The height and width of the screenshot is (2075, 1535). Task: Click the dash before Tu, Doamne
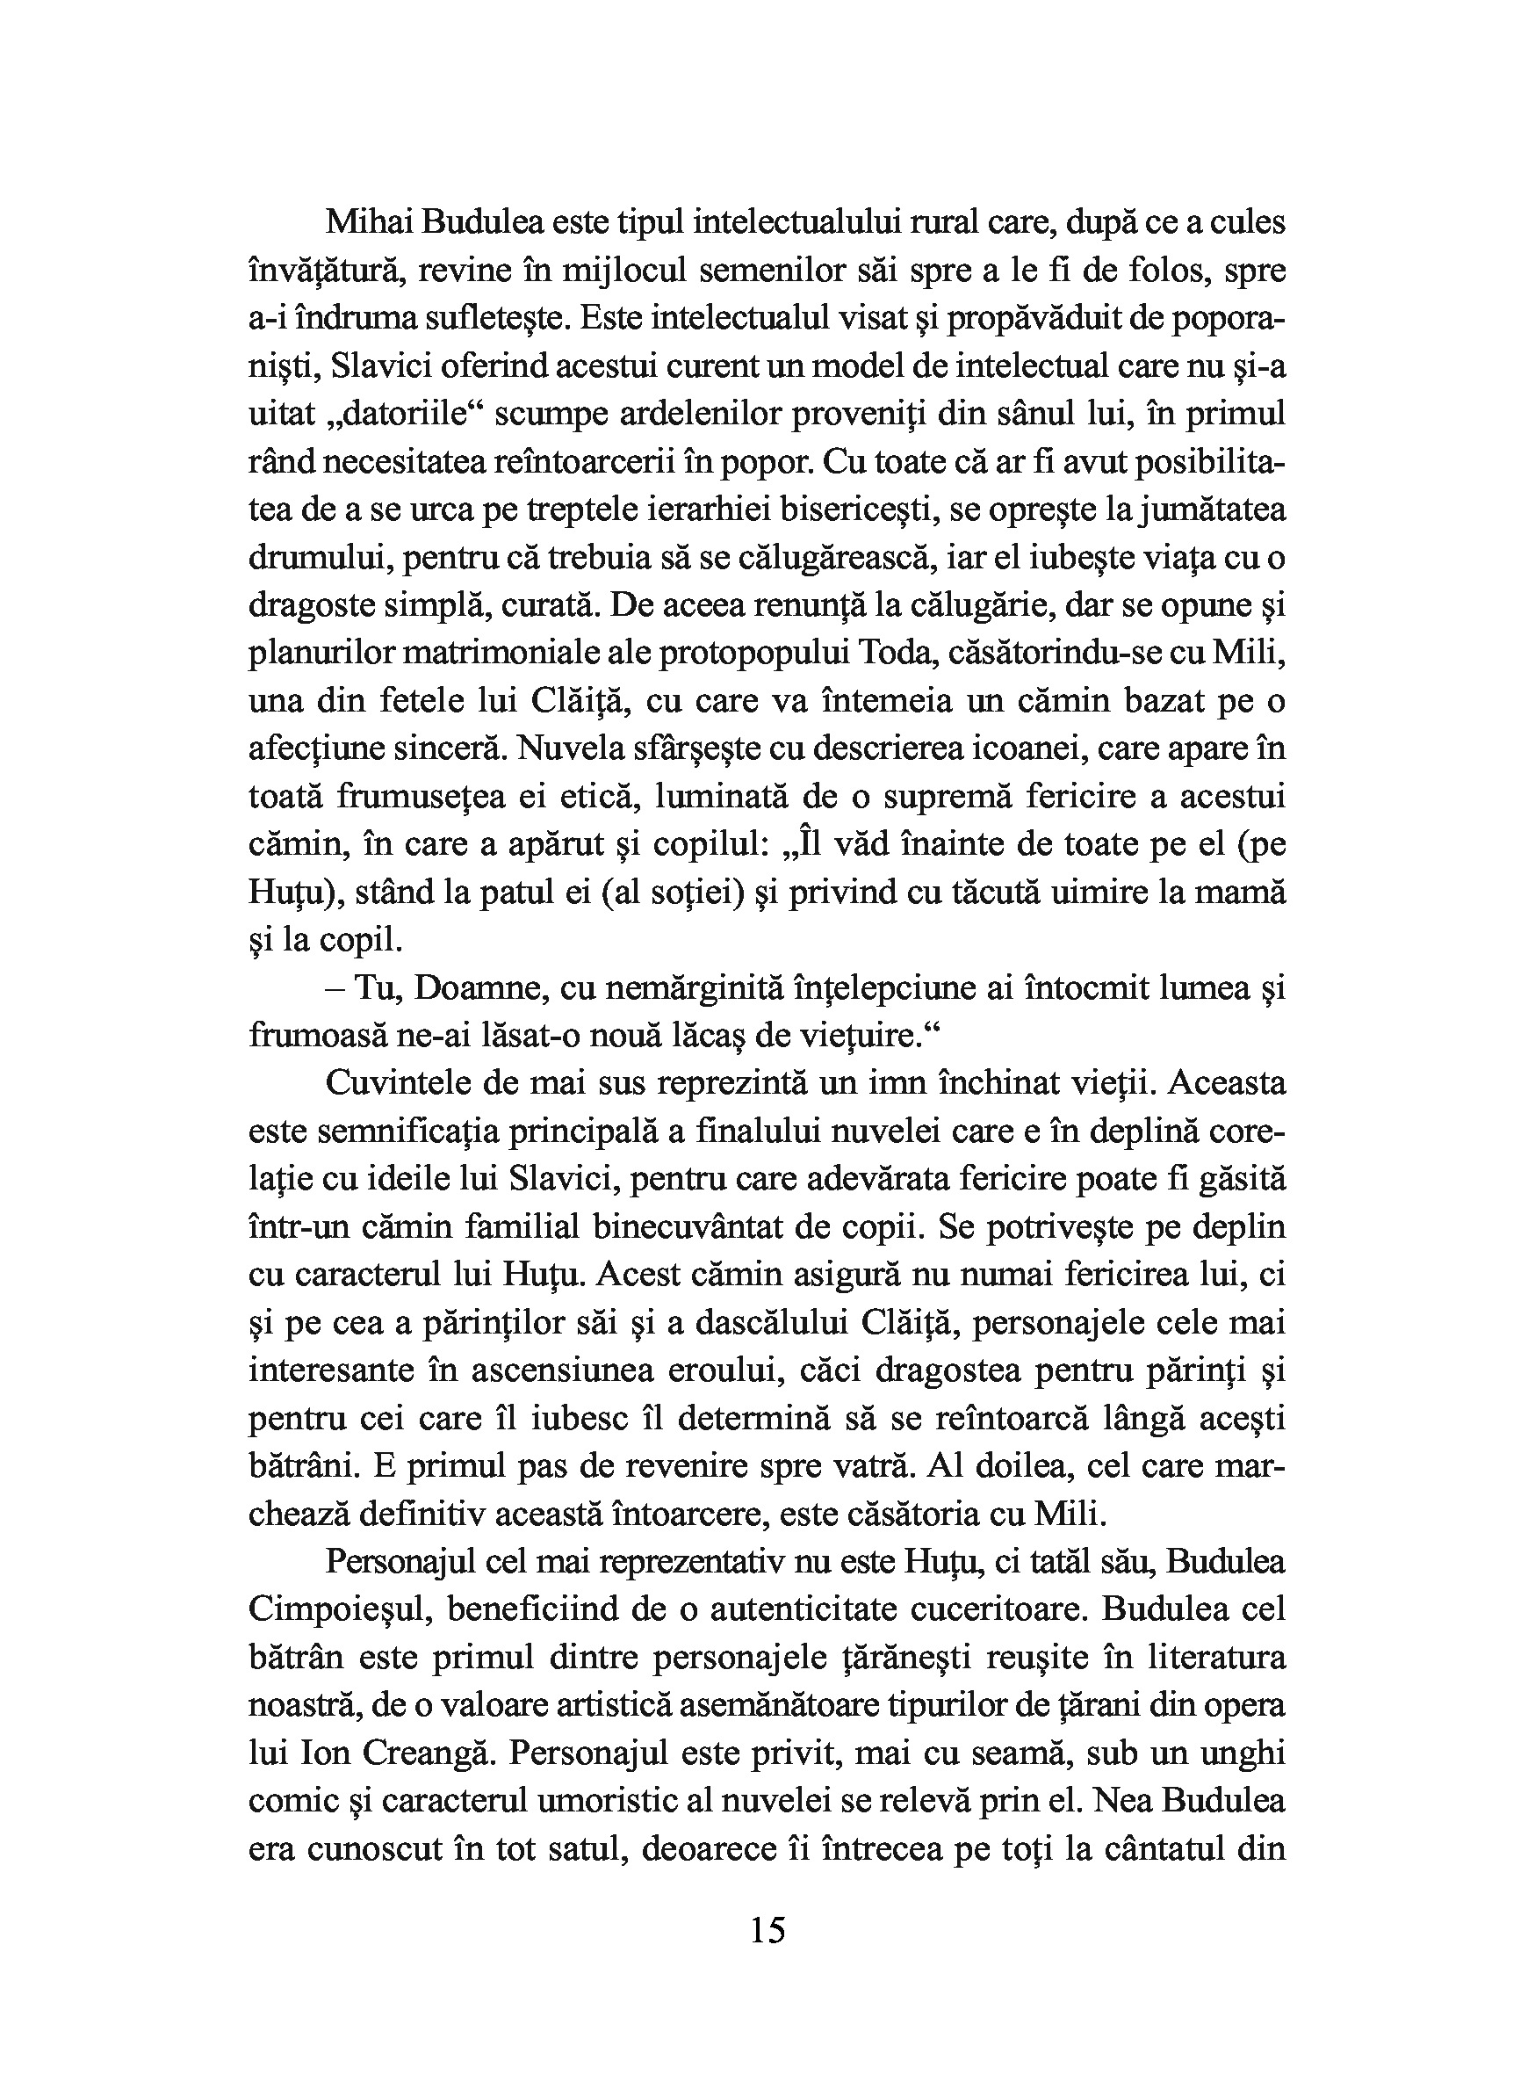point(335,988)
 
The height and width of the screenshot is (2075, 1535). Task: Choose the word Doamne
point(475,988)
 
